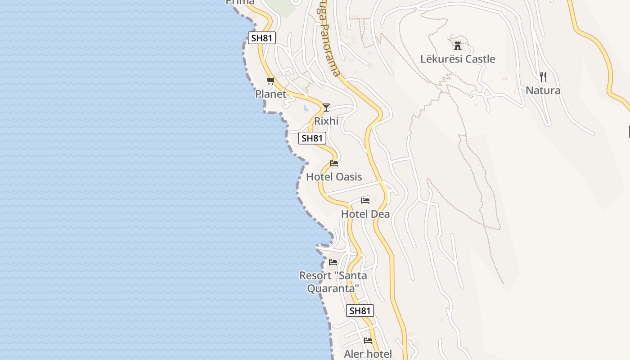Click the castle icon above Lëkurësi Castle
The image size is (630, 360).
click(x=458, y=45)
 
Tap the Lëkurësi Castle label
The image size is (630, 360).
click(x=458, y=59)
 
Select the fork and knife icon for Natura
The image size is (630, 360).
click(x=543, y=77)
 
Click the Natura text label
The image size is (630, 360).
click(x=543, y=90)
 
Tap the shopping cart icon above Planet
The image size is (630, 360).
click(x=270, y=81)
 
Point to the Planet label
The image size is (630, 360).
click(x=271, y=94)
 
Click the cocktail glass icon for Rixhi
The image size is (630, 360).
click(x=326, y=107)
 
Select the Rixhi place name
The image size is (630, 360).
click(x=326, y=121)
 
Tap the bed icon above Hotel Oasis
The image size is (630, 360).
click(x=334, y=163)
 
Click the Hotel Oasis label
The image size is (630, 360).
click(x=334, y=177)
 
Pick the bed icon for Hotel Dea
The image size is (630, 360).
click(x=365, y=200)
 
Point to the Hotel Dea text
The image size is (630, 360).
click(x=365, y=214)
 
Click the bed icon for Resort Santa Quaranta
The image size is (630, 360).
click(x=333, y=262)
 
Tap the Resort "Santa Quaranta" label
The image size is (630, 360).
click(x=333, y=282)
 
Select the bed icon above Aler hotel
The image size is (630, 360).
click(x=368, y=341)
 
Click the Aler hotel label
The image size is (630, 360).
click(x=368, y=354)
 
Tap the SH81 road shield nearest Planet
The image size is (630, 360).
click(x=261, y=38)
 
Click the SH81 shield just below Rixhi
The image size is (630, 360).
click(x=312, y=138)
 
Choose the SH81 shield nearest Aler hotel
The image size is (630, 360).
click(x=360, y=310)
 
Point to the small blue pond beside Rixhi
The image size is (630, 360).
click(x=306, y=108)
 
